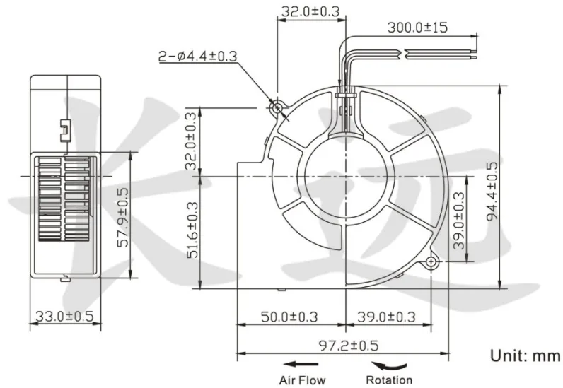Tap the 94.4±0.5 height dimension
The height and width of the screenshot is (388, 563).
coord(492,191)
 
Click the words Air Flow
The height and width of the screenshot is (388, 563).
coord(302,380)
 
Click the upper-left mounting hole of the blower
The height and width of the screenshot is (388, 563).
coord(277,107)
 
